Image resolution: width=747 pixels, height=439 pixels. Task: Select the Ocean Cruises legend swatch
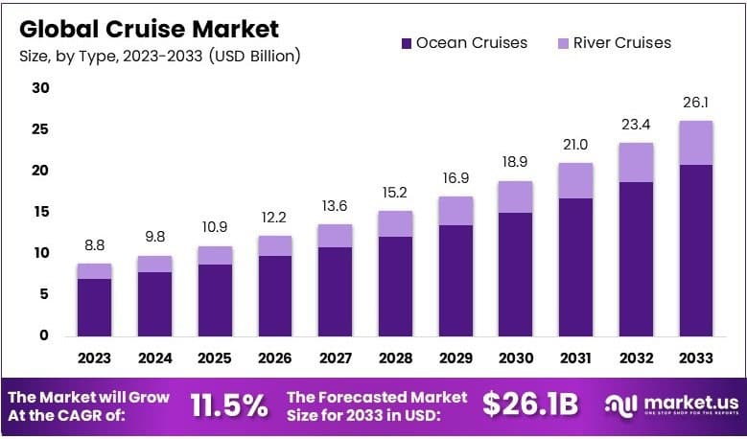(405, 42)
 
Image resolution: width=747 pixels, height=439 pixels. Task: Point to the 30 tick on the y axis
(39, 88)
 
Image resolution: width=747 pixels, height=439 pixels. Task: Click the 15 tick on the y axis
(39, 212)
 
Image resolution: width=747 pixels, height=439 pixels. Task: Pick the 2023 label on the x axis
(94, 358)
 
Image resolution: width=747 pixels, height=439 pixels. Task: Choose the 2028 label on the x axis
(395, 358)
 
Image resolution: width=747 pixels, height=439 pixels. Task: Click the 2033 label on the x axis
(695, 358)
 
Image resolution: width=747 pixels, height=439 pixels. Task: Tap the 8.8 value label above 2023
(94, 246)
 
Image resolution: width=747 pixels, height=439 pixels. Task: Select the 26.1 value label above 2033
(695, 104)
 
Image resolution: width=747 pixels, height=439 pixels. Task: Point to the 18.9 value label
(515, 163)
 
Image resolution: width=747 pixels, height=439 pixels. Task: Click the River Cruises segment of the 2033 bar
(695, 143)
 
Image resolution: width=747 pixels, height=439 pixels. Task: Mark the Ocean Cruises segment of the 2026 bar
(274, 295)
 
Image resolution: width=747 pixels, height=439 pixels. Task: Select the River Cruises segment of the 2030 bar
(515, 196)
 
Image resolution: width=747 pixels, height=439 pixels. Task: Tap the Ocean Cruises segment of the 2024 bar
(154, 303)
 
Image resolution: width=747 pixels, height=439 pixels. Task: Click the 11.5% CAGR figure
(229, 405)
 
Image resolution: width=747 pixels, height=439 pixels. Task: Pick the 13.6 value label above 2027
(335, 207)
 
